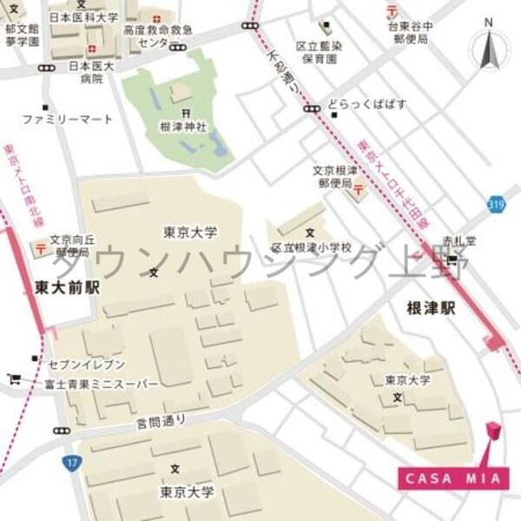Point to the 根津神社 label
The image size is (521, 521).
(x=182, y=127)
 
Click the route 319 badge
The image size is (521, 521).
(x=496, y=204)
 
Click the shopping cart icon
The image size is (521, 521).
(x=14, y=379)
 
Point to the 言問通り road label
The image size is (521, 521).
(x=162, y=422)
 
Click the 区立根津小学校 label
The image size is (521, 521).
(x=311, y=247)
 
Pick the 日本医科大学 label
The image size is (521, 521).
(x=82, y=17)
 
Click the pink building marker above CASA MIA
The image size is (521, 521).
(x=492, y=432)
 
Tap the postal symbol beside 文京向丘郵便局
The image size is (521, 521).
(x=40, y=248)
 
